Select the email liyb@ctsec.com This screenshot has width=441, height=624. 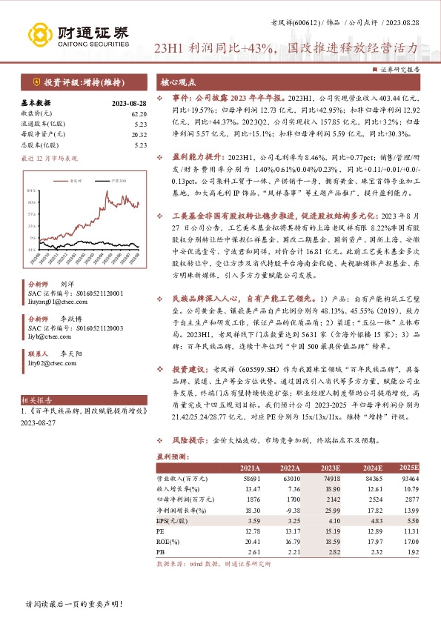[47, 334]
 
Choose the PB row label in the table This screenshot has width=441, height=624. [161, 553]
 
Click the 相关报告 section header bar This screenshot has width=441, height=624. [82, 398]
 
